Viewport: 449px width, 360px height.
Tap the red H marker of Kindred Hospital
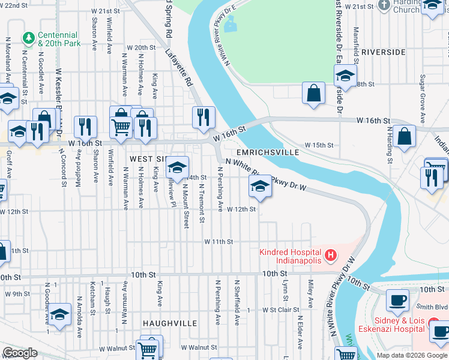coord(330,257)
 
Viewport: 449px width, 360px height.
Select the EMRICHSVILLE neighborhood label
coord(270,152)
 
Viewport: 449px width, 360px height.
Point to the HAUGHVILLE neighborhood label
coord(170,323)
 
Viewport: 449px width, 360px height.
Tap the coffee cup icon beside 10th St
coord(397,299)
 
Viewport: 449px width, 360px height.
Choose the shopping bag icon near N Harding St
coord(406,136)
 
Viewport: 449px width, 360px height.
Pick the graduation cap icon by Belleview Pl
coord(177,166)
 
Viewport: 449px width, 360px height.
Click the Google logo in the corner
coord(20,353)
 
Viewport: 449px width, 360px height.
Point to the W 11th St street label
coord(218,241)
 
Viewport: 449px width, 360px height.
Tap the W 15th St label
coord(318,145)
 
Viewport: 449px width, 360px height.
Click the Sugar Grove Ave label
coord(423,94)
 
